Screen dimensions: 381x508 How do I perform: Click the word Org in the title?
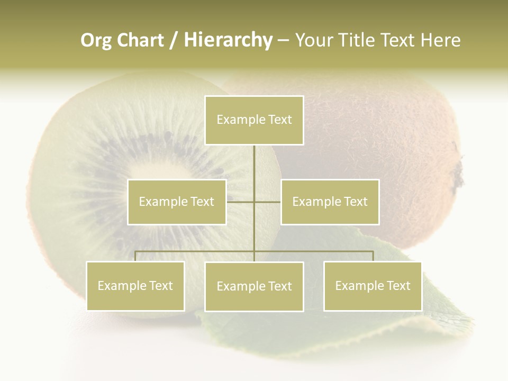96,40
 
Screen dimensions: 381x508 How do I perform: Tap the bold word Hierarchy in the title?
228,40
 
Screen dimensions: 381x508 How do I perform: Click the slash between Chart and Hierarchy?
174,41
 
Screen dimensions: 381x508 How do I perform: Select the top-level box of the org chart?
254,120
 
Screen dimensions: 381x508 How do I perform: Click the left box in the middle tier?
177,202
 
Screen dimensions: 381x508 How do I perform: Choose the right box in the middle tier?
330,202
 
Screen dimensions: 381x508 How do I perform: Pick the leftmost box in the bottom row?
135,286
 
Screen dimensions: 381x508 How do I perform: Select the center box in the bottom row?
254,286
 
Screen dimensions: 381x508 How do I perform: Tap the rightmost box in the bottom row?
373,286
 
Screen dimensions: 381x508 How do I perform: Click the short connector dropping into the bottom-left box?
135,256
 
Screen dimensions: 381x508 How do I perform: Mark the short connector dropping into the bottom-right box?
373,256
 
